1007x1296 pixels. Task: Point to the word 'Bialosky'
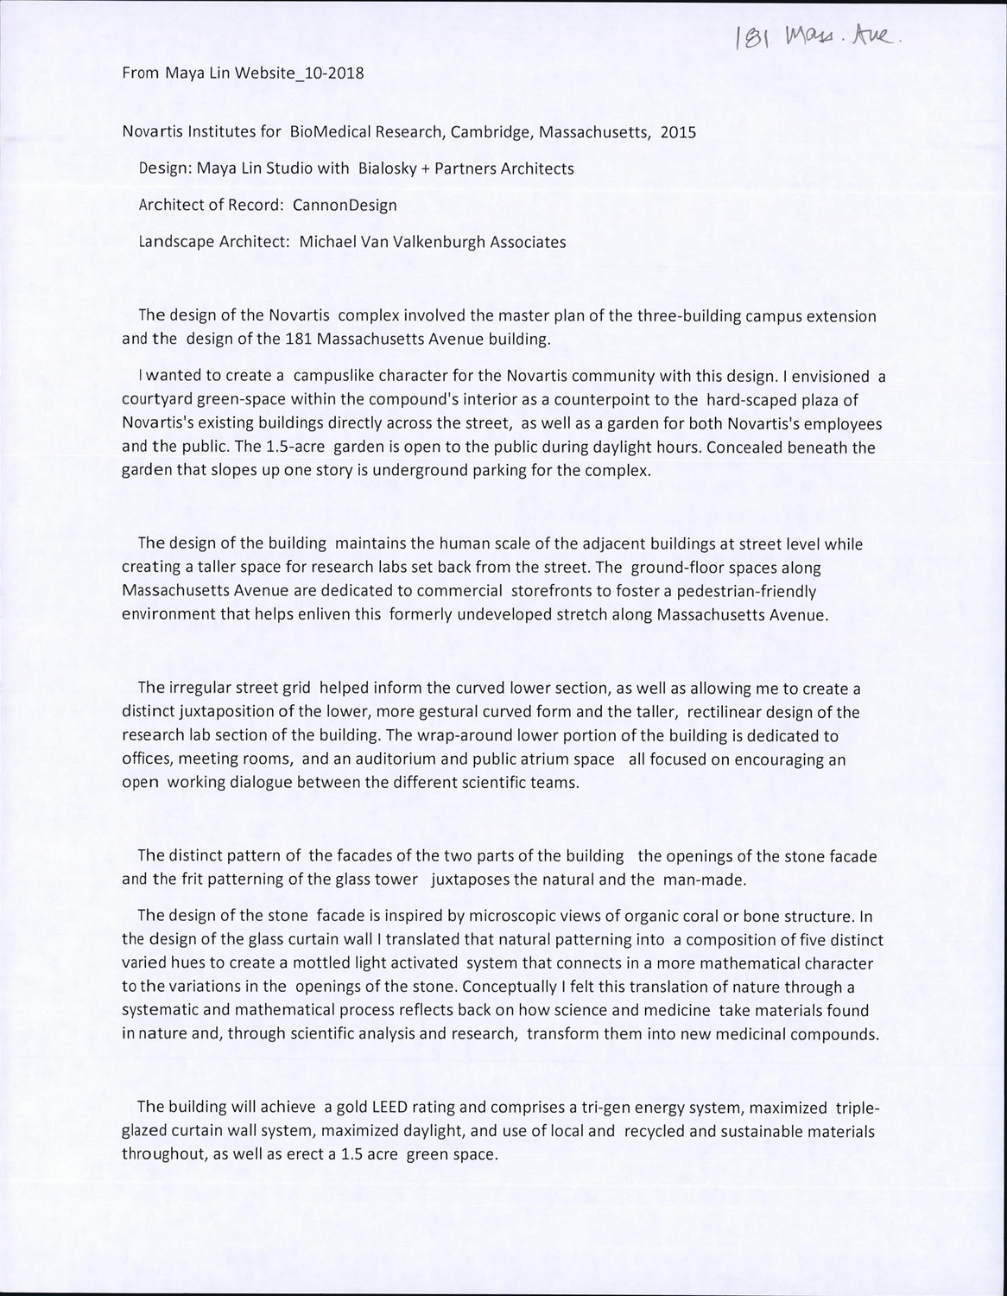[x=386, y=168]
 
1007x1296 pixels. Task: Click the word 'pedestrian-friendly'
[x=750, y=592]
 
